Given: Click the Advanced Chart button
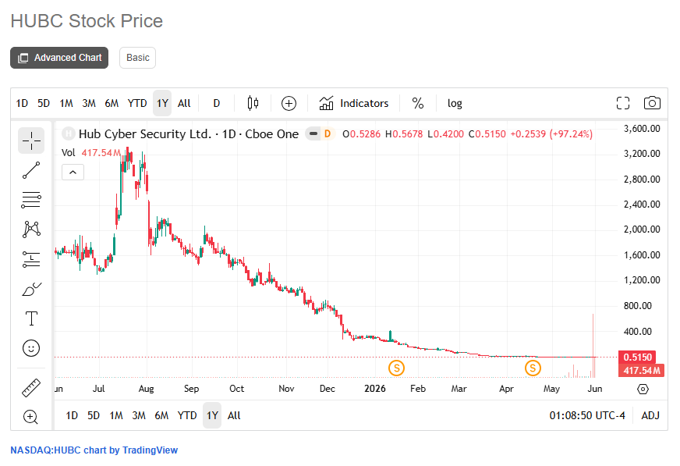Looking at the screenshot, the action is coord(59,58).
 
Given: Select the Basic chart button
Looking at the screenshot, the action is coord(137,58).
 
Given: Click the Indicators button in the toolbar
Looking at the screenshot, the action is coord(354,103).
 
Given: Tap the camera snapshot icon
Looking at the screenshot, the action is coord(652,103).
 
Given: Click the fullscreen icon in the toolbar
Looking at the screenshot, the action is coord(623,103).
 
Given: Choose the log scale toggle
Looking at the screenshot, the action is coord(455,103).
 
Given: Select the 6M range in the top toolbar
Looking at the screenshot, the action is coord(112,103).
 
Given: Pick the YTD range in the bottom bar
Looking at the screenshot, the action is coord(187,416).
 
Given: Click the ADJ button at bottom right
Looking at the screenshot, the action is coord(650,416).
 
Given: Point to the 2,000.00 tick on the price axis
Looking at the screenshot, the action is coord(642,229).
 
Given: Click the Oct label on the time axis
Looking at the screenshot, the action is coord(237,389).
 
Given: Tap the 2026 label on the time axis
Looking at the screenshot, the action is coord(374,389).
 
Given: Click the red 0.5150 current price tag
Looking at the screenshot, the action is coord(637,357).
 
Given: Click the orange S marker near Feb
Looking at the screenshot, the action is coord(396,368).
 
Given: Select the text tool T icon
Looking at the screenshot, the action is coord(31,318).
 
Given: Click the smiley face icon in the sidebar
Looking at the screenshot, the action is coord(31,348).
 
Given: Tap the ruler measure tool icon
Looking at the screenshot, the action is coord(31,387).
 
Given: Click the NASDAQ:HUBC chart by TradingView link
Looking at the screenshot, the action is coord(94,450).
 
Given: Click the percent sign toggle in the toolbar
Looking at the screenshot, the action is coord(418,103).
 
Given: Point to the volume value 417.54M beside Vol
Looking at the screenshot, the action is coord(101,153).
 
